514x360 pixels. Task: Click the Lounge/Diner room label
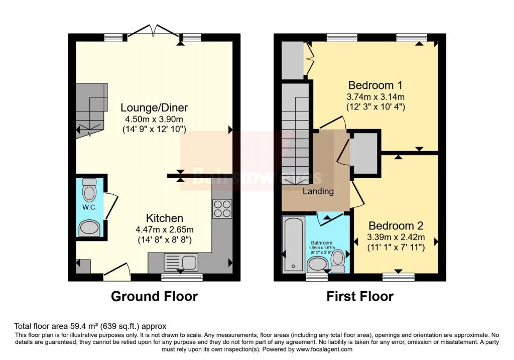pos(154,108)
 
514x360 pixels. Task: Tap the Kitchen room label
pos(164,218)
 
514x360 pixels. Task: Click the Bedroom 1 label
pos(375,85)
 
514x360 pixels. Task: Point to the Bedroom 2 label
pos(396,225)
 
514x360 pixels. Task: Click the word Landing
pos(318,191)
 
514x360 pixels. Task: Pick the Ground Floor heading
pos(154,296)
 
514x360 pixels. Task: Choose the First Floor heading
pos(359,296)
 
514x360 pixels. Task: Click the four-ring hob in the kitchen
pos(221,208)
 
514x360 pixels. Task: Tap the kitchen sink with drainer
pos(182,262)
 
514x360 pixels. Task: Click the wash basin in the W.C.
pos(90,228)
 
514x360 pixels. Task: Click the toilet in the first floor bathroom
pos(339,260)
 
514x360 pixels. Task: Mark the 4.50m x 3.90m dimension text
pos(154,119)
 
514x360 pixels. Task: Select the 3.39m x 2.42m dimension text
pos(396,237)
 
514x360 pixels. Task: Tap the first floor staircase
pos(296,136)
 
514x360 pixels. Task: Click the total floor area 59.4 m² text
pos(90,326)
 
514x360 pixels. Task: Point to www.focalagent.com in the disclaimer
pos(325,349)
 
